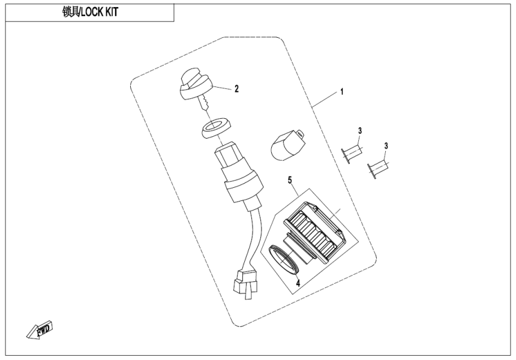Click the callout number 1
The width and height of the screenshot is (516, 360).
[x=341, y=92]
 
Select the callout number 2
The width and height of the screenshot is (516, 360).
[x=236, y=89]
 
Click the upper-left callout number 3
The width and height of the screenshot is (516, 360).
[x=360, y=131]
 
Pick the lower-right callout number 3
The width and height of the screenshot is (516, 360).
[x=386, y=146]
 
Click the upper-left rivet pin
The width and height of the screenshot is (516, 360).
[x=353, y=151]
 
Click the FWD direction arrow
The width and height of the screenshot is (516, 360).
[x=41, y=329]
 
